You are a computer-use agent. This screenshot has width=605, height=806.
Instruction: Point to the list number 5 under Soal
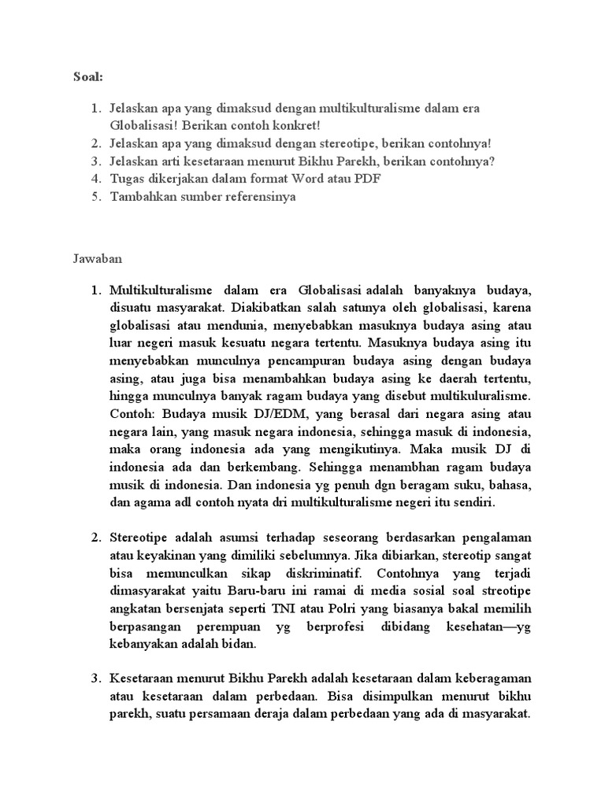(95, 197)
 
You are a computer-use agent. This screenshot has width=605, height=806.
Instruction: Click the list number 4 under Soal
(95, 179)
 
